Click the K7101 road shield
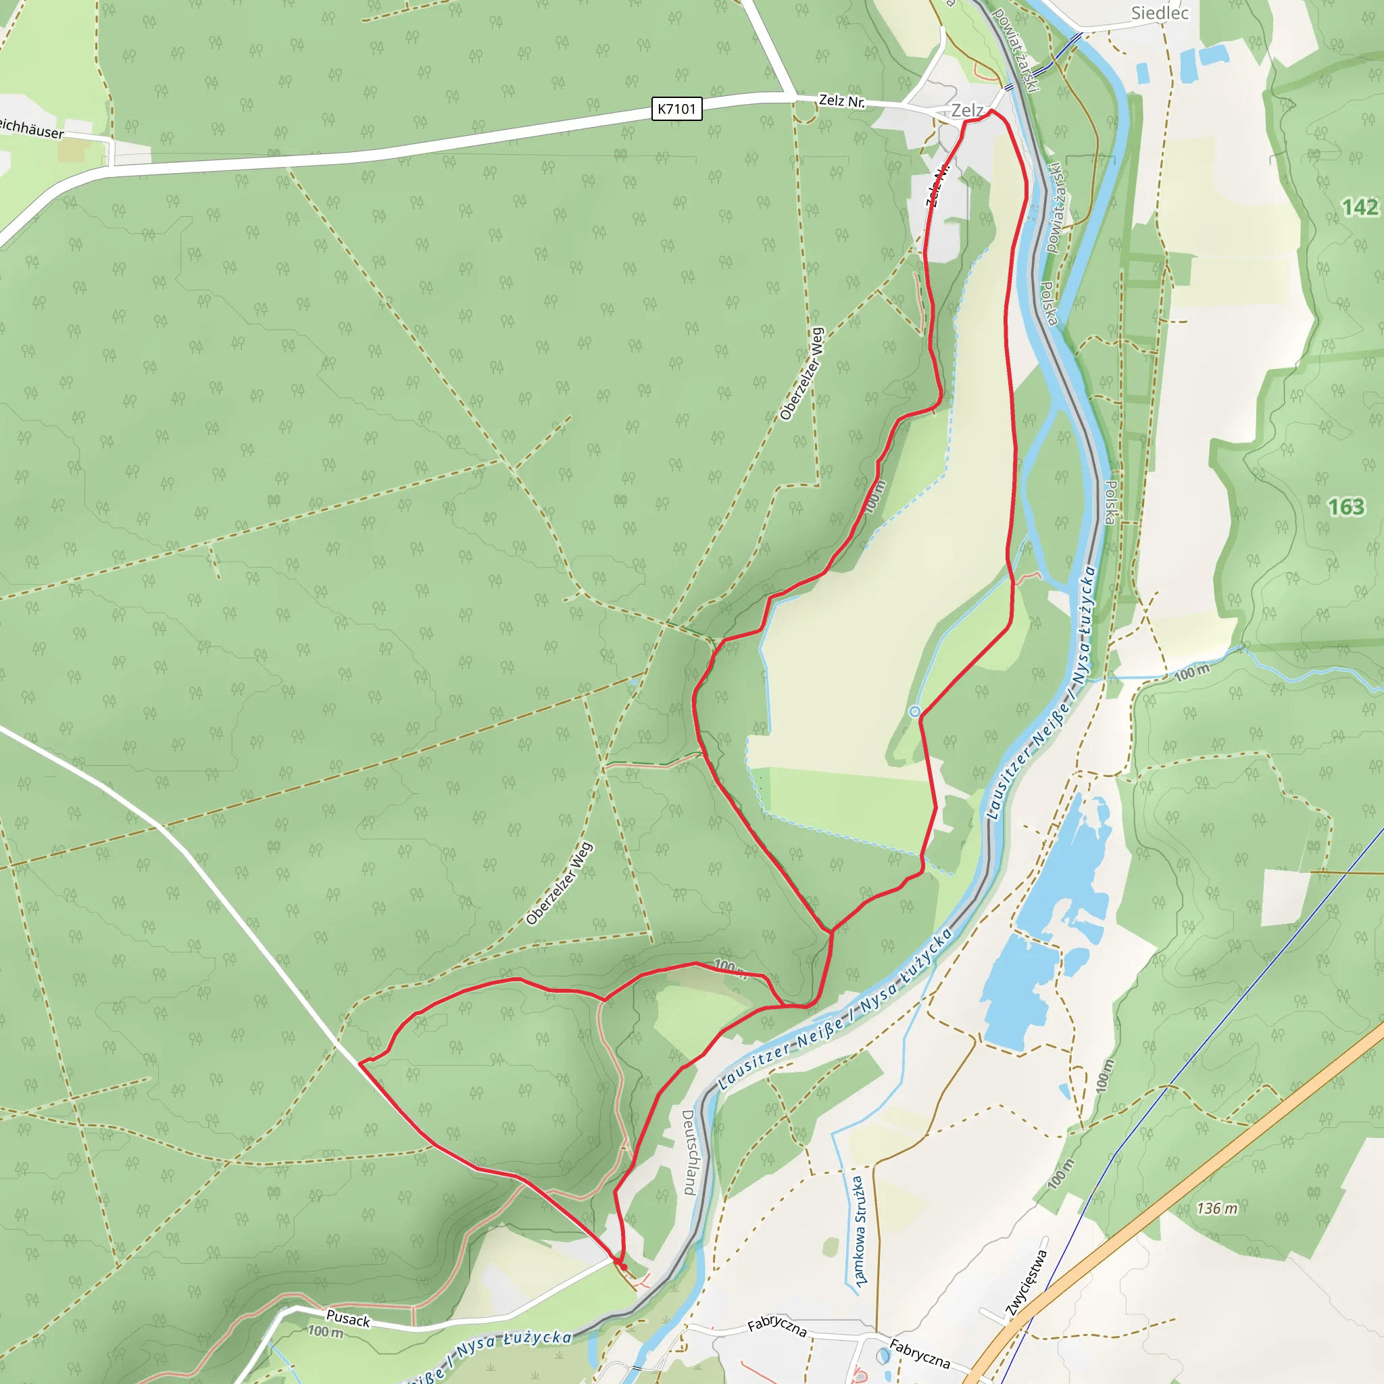tap(676, 109)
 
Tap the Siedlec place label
tap(1160, 13)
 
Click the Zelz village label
tap(966, 110)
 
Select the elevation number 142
tap(1359, 207)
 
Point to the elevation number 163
tap(1346, 508)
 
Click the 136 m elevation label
tap(1216, 1208)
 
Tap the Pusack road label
tap(348, 1319)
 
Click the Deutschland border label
tap(689, 1153)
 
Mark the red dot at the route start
tap(624, 1267)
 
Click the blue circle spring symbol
tap(914, 712)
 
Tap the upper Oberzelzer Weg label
tap(802, 374)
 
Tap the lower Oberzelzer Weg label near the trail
tap(559, 883)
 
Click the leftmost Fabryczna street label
tap(777, 1327)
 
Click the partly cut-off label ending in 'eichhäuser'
tap(31, 129)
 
